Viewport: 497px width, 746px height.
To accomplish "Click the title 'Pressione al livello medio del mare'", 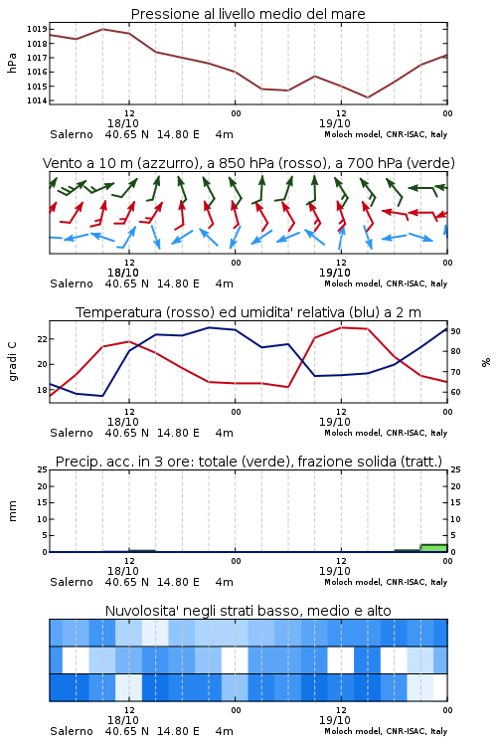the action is click(248, 14).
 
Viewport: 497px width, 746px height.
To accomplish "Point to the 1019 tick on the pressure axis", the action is click(37, 29).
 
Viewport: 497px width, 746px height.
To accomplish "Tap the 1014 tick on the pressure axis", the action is click(37, 100).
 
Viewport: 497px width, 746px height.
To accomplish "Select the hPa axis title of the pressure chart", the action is click(12, 63).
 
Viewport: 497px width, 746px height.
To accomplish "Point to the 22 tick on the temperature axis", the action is click(42, 339).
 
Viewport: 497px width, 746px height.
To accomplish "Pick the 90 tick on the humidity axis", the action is click(455, 330).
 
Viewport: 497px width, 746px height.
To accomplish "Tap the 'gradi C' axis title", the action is click(12, 361).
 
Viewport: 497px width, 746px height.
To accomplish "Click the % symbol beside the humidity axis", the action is click(486, 362).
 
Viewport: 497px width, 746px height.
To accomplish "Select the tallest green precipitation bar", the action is click(433, 548).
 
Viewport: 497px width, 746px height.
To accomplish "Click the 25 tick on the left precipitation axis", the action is click(42, 469).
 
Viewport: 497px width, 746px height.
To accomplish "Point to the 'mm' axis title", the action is click(12, 511).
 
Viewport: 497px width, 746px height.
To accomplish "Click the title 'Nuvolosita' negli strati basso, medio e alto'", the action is click(248, 611).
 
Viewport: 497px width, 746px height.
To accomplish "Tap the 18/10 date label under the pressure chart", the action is click(122, 123).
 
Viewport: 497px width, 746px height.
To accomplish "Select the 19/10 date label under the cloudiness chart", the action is click(334, 720).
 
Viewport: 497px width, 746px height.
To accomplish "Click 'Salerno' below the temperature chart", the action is click(72, 433).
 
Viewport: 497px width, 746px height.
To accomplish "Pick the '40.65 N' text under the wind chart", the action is click(126, 283).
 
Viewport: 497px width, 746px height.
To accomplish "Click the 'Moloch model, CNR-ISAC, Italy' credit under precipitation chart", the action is click(386, 582).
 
